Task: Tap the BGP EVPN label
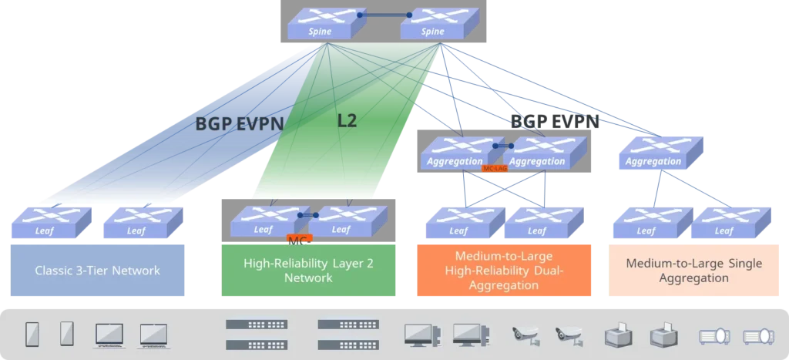point(239,123)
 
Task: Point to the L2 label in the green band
point(347,120)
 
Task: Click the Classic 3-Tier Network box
point(97,270)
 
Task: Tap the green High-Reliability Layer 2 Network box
point(308,270)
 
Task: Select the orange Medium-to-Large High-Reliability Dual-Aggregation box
point(503,270)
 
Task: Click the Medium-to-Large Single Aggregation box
point(693,270)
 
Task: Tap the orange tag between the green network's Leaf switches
point(299,238)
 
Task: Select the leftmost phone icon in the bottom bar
point(32,333)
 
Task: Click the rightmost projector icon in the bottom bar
point(757,335)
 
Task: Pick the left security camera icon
point(526,334)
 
